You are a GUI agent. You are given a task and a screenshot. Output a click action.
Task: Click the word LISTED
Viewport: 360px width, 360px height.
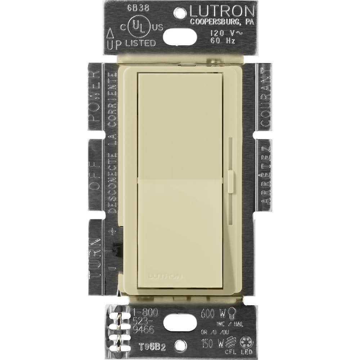(x=140, y=43)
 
